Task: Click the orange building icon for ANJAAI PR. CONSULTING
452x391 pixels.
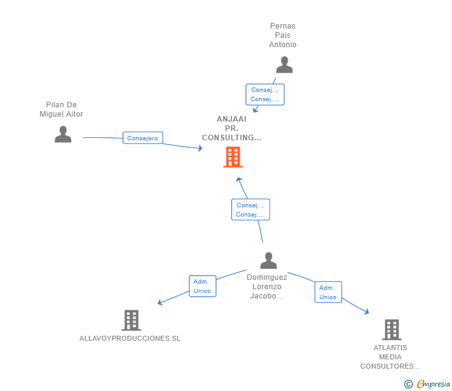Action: (233, 157)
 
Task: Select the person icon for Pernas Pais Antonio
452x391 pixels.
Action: (284, 65)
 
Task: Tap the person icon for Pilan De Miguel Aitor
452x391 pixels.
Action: (63, 134)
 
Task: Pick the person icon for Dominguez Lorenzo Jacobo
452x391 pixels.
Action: (268, 260)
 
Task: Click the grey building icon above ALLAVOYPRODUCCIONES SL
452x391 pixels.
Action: (131, 320)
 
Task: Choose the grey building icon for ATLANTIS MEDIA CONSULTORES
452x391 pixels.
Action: (391, 330)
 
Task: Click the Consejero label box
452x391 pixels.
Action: (143, 138)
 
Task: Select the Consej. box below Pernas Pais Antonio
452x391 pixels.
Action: (264, 94)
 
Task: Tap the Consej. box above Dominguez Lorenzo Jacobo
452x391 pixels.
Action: (250, 210)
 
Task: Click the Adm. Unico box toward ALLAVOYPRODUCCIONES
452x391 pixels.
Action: (202, 286)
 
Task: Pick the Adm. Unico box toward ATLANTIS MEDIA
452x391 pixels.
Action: (328, 292)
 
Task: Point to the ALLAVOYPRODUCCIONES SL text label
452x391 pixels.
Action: (130, 338)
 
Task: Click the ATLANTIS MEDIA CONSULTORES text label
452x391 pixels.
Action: (391, 357)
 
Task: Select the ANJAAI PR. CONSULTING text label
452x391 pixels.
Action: (232, 128)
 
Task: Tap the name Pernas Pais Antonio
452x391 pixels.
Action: (282, 35)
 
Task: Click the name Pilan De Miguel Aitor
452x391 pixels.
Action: (61, 109)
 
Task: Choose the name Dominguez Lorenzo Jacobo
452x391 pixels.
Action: (266, 287)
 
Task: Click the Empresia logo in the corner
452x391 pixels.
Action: (433, 384)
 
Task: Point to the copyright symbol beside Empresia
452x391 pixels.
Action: (408, 384)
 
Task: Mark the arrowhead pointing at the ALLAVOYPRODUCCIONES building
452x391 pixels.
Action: (160, 303)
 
